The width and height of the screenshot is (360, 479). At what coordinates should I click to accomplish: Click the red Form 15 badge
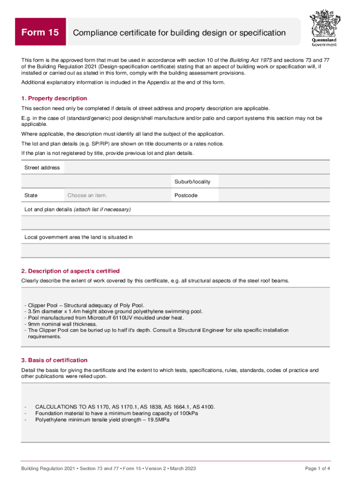click(x=40, y=32)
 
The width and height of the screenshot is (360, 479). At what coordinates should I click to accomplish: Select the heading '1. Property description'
click(x=54, y=98)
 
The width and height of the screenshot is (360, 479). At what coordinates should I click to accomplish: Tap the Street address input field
click(x=196, y=167)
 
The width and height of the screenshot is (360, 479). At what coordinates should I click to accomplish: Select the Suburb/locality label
click(x=192, y=181)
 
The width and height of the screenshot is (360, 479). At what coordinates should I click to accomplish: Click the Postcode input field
click(x=274, y=195)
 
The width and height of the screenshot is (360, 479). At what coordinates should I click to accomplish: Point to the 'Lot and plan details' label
click(x=77, y=209)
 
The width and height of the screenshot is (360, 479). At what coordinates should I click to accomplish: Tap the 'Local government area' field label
click(x=78, y=237)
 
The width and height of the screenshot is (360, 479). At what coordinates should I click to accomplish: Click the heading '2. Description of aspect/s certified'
click(x=70, y=271)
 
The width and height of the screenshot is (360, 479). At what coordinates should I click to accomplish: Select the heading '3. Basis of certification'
click(x=54, y=360)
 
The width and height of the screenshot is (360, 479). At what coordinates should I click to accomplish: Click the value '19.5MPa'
click(x=158, y=420)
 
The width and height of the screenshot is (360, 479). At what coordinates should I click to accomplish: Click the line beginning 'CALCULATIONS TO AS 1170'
click(x=125, y=407)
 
